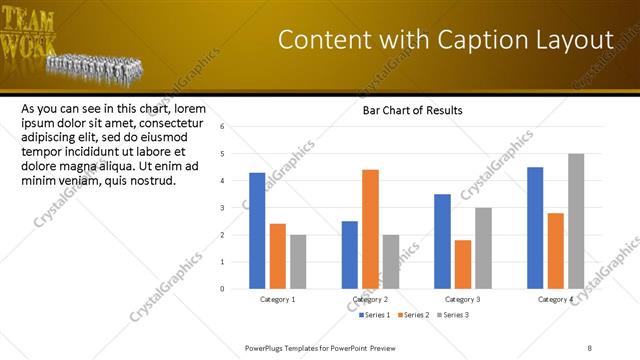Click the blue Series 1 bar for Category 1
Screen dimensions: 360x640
click(x=257, y=231)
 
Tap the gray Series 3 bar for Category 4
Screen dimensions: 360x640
click(x=576, y=221)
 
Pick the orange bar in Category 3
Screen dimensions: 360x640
click(x=462, y=264)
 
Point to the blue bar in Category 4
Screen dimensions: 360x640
click(x=535, y=228)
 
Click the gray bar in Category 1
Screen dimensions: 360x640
click(x=298, y=262)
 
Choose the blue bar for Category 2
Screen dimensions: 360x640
click(x=350, y=255)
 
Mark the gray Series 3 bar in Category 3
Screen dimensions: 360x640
click(x=483, y=248)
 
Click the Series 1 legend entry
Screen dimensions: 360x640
click(x=375, y=315)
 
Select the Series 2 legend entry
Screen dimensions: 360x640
click(x=415, y=315)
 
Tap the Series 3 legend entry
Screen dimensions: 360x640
click(x=454, y=315)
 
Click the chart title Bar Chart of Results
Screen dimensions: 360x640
click(x=412, y=110)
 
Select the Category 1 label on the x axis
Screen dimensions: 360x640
click(x=277, y=299)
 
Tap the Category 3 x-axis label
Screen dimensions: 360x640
click(x=462, y=299)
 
